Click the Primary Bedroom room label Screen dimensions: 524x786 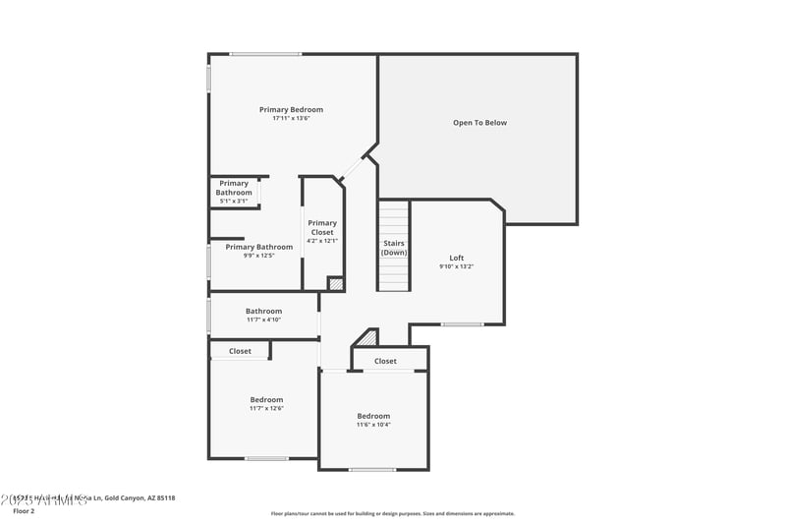291,110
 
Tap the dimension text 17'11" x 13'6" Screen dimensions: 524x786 291,118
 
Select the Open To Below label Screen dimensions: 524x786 479,123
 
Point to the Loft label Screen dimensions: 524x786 456,258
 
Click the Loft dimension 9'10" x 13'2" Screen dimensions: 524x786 456,266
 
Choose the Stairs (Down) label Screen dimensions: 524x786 394,248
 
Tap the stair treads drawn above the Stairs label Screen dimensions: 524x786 394,216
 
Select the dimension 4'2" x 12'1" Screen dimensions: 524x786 322,241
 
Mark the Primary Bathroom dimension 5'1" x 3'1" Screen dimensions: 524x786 234,202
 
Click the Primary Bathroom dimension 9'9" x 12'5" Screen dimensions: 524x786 259,256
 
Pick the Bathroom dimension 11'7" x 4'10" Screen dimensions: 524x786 263,320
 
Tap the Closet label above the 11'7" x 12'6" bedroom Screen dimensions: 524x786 240,351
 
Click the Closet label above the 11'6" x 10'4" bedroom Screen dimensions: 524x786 386,361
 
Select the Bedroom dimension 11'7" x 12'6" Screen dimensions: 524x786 266,408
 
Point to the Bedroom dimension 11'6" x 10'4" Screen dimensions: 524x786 373,425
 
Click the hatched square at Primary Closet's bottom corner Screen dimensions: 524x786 336,283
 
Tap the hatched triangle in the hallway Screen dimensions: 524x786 366,338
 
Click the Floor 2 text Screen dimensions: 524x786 23,511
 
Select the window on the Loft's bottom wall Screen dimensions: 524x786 461,324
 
